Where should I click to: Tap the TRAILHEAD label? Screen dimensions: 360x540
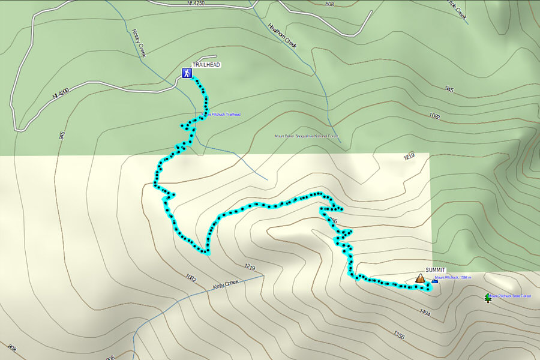point(206,64)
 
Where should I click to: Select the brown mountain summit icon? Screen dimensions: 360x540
point(420,278)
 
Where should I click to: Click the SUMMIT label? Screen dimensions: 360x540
point(436,269)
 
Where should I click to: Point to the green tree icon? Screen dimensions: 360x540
point(487,297)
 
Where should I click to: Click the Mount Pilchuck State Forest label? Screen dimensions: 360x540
point(511,296)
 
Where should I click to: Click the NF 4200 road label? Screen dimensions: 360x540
point(61,94)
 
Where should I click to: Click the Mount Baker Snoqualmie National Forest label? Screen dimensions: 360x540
point(305,136)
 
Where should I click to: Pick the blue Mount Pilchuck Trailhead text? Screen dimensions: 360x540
point(221,115)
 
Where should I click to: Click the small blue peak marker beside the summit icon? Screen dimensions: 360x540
point(434,280)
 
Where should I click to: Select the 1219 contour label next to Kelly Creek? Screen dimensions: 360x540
point(250,266)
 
